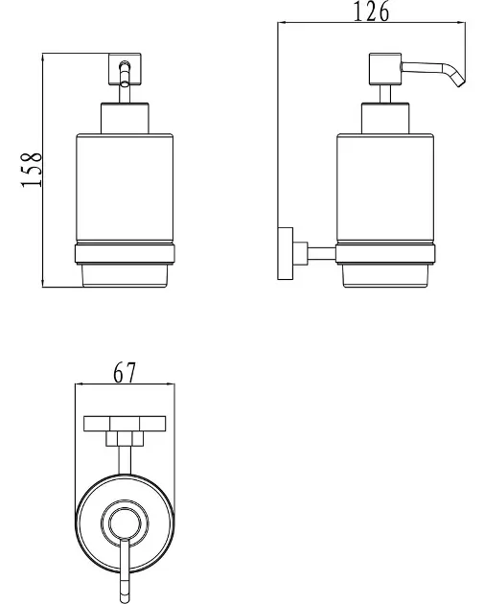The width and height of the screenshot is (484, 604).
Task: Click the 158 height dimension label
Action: pyautogui.click(x=32, y=170)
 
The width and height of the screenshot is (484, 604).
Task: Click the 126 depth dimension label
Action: pyautogui.click(x=371, y=12)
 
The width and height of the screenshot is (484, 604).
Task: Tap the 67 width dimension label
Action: pyautogui.click(x=125, y=373)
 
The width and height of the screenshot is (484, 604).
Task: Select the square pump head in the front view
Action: pyautogui.click(x=125, y=69)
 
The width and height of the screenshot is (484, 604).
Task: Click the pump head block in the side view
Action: pyautogui.click(x=385, y=69)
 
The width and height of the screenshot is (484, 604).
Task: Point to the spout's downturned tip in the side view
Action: pyautogui.click(x=460, y=82)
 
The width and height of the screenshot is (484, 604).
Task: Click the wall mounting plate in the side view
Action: pyautogui.click(x=286, y=253)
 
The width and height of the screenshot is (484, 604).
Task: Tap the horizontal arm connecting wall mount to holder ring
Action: pyautogui.click(x=321, y=253)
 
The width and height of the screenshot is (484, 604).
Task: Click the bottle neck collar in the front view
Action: pyautogui.click(x=125, y=118)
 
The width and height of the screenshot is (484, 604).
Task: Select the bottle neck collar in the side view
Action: pyautogui.click(x=385, y=118)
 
